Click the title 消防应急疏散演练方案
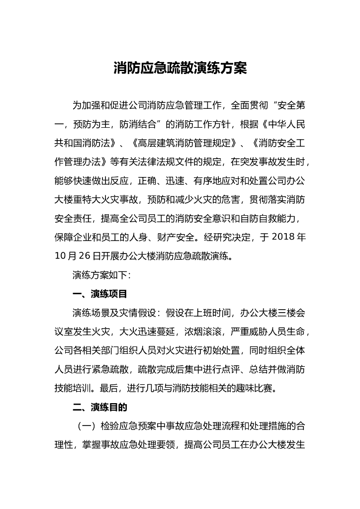point(180,68)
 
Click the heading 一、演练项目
point(100,294)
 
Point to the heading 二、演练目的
point(100,408)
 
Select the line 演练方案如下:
point(101,274)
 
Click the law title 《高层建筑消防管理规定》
point(185,143)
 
